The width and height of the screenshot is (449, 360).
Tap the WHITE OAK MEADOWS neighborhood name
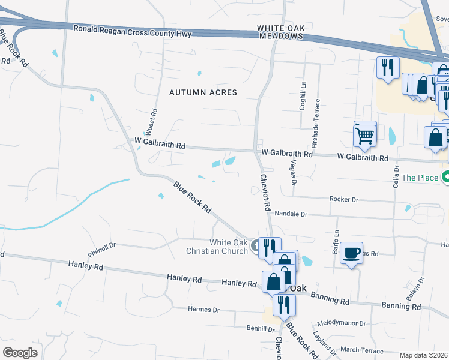pos(280,32)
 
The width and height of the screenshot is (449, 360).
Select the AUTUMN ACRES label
pos(203,92)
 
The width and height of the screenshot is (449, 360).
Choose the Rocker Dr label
pos(343,199)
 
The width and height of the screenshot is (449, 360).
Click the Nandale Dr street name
pos(291,214)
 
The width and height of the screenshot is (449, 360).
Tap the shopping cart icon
pos(365,136)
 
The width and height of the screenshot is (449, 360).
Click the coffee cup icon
pos(352,253)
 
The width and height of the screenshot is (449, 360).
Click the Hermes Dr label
pos(203,310)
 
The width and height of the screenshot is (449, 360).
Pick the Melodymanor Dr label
pos(342,323)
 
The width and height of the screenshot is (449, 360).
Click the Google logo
pos(20,352)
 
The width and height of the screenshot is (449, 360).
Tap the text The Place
pos(418,178)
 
